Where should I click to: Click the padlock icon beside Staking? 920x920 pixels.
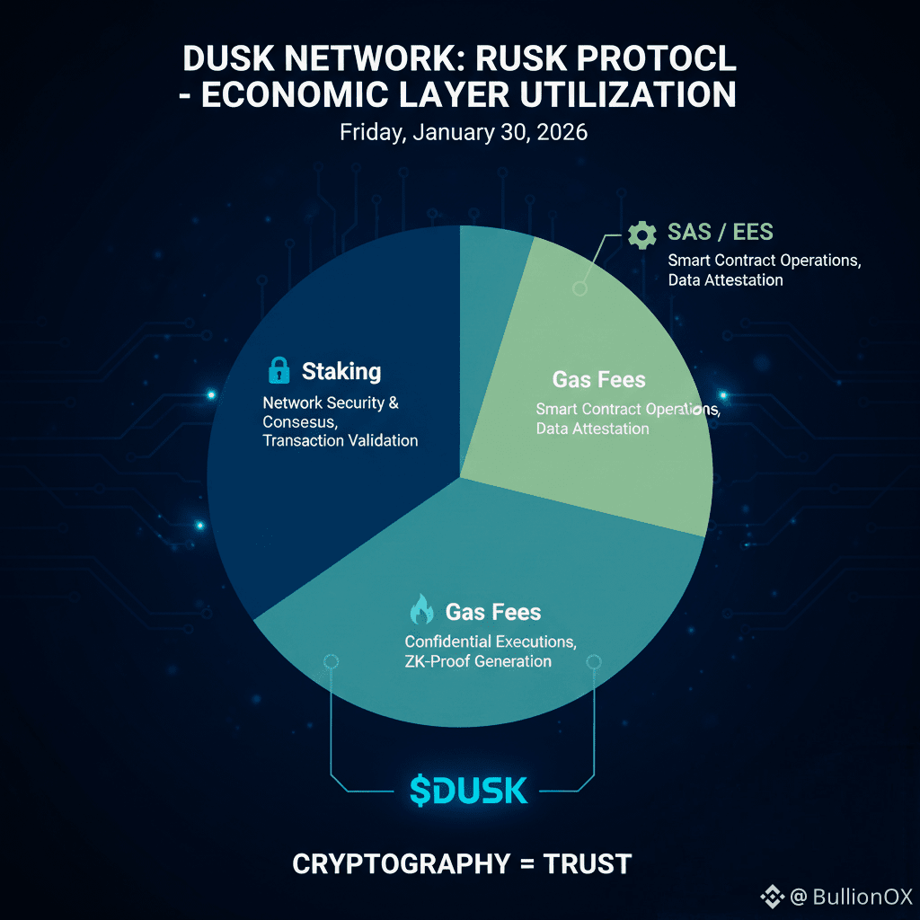coord(279,370)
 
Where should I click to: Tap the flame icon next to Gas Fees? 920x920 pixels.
coord(420,611)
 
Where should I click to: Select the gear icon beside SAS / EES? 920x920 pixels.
coord(641,234)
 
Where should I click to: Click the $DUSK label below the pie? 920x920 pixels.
coord(468,790)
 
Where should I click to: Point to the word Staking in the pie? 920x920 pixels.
coord(341,371)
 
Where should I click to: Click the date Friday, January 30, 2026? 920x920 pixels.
coord(463,132)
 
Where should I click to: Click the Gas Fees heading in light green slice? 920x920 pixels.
coord(598,379)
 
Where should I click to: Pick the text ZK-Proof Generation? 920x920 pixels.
coord(478,661)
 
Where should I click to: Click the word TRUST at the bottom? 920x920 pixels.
coord(588,864)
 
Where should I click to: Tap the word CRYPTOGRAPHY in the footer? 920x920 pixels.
coord(401,864)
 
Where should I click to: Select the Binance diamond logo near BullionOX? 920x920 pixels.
coord(773,896)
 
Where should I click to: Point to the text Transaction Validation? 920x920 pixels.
coord(340,440)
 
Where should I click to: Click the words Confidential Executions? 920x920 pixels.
coord(491,641)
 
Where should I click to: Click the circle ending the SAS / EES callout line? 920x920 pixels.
coord(580,288)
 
